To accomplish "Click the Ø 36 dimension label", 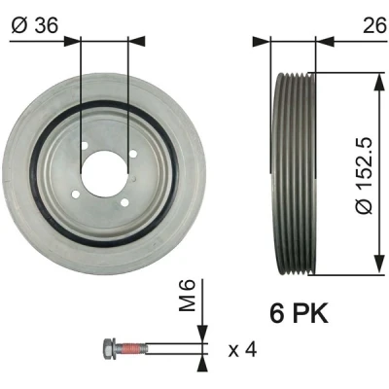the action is (35, 25).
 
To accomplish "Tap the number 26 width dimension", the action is (374, 25).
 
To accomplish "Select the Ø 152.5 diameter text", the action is (363, 176).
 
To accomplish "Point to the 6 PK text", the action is (299, 313).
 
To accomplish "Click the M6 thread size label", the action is (188, 296).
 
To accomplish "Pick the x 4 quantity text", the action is (242, 350).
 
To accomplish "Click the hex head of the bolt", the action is (108, 348).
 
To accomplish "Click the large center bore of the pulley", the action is (104, 173).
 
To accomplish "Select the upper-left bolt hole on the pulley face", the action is (85, 146).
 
